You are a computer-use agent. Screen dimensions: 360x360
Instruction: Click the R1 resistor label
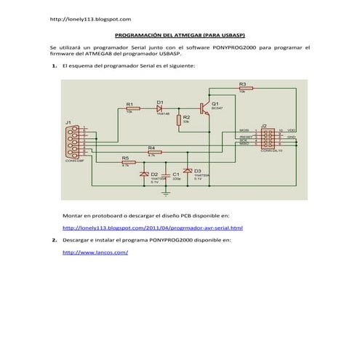pyautogui.click(x=129, y=103)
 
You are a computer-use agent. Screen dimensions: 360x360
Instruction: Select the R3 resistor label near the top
pyautogui.click(x=242, y=84)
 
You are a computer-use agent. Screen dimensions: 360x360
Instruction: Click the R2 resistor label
pyautogui.click(x=186, y=116)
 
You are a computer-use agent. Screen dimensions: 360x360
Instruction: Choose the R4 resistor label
pyautogui.click(x=151, y=148)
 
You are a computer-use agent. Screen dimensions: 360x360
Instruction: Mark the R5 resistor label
pyautogui.click(x=125, y=158)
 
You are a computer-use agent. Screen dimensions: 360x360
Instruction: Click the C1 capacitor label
pyautogui.click(x=177, y=174)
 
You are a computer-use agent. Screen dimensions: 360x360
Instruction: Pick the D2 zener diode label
pyautogui.click(x=154, y=174)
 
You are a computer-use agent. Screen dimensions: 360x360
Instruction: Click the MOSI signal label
pyautogui.click(x=244, y=130)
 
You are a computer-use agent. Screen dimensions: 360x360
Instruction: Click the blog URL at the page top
pyautogui.click(x=90, y=18)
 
